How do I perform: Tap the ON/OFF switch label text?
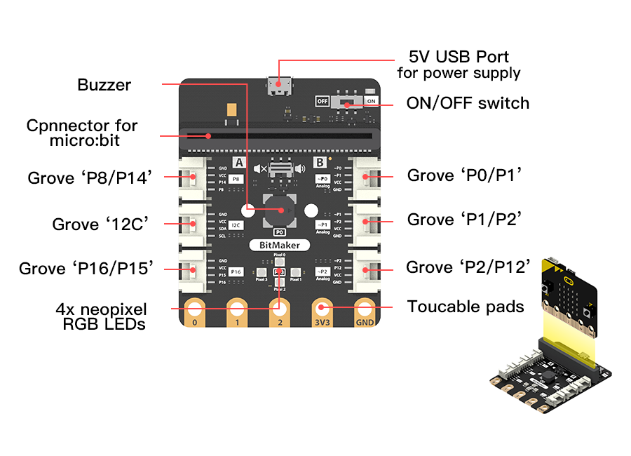(x=468, y=103)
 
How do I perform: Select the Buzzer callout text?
(x=104, y=85)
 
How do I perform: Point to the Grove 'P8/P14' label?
(x=90, y=177)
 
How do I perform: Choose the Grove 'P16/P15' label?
(x=86, y=268)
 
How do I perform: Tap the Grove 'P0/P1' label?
(x=464, y=175)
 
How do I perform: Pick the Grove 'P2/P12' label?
(x=468, y=267)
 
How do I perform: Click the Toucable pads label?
(x=466, y=307)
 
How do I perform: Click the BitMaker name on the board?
(x=280, y=245)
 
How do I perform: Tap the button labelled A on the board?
(x=238, y=163)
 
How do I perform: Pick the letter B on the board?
(x=320, y=163)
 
